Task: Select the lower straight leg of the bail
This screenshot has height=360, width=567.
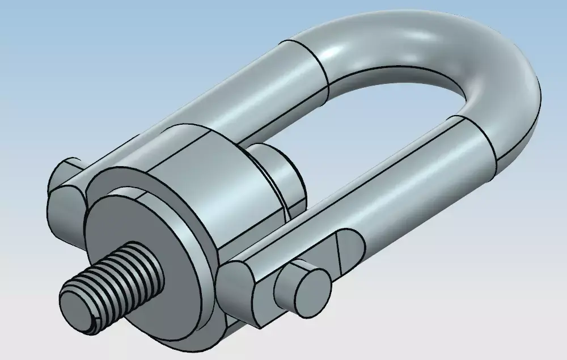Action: tap(397, 187)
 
